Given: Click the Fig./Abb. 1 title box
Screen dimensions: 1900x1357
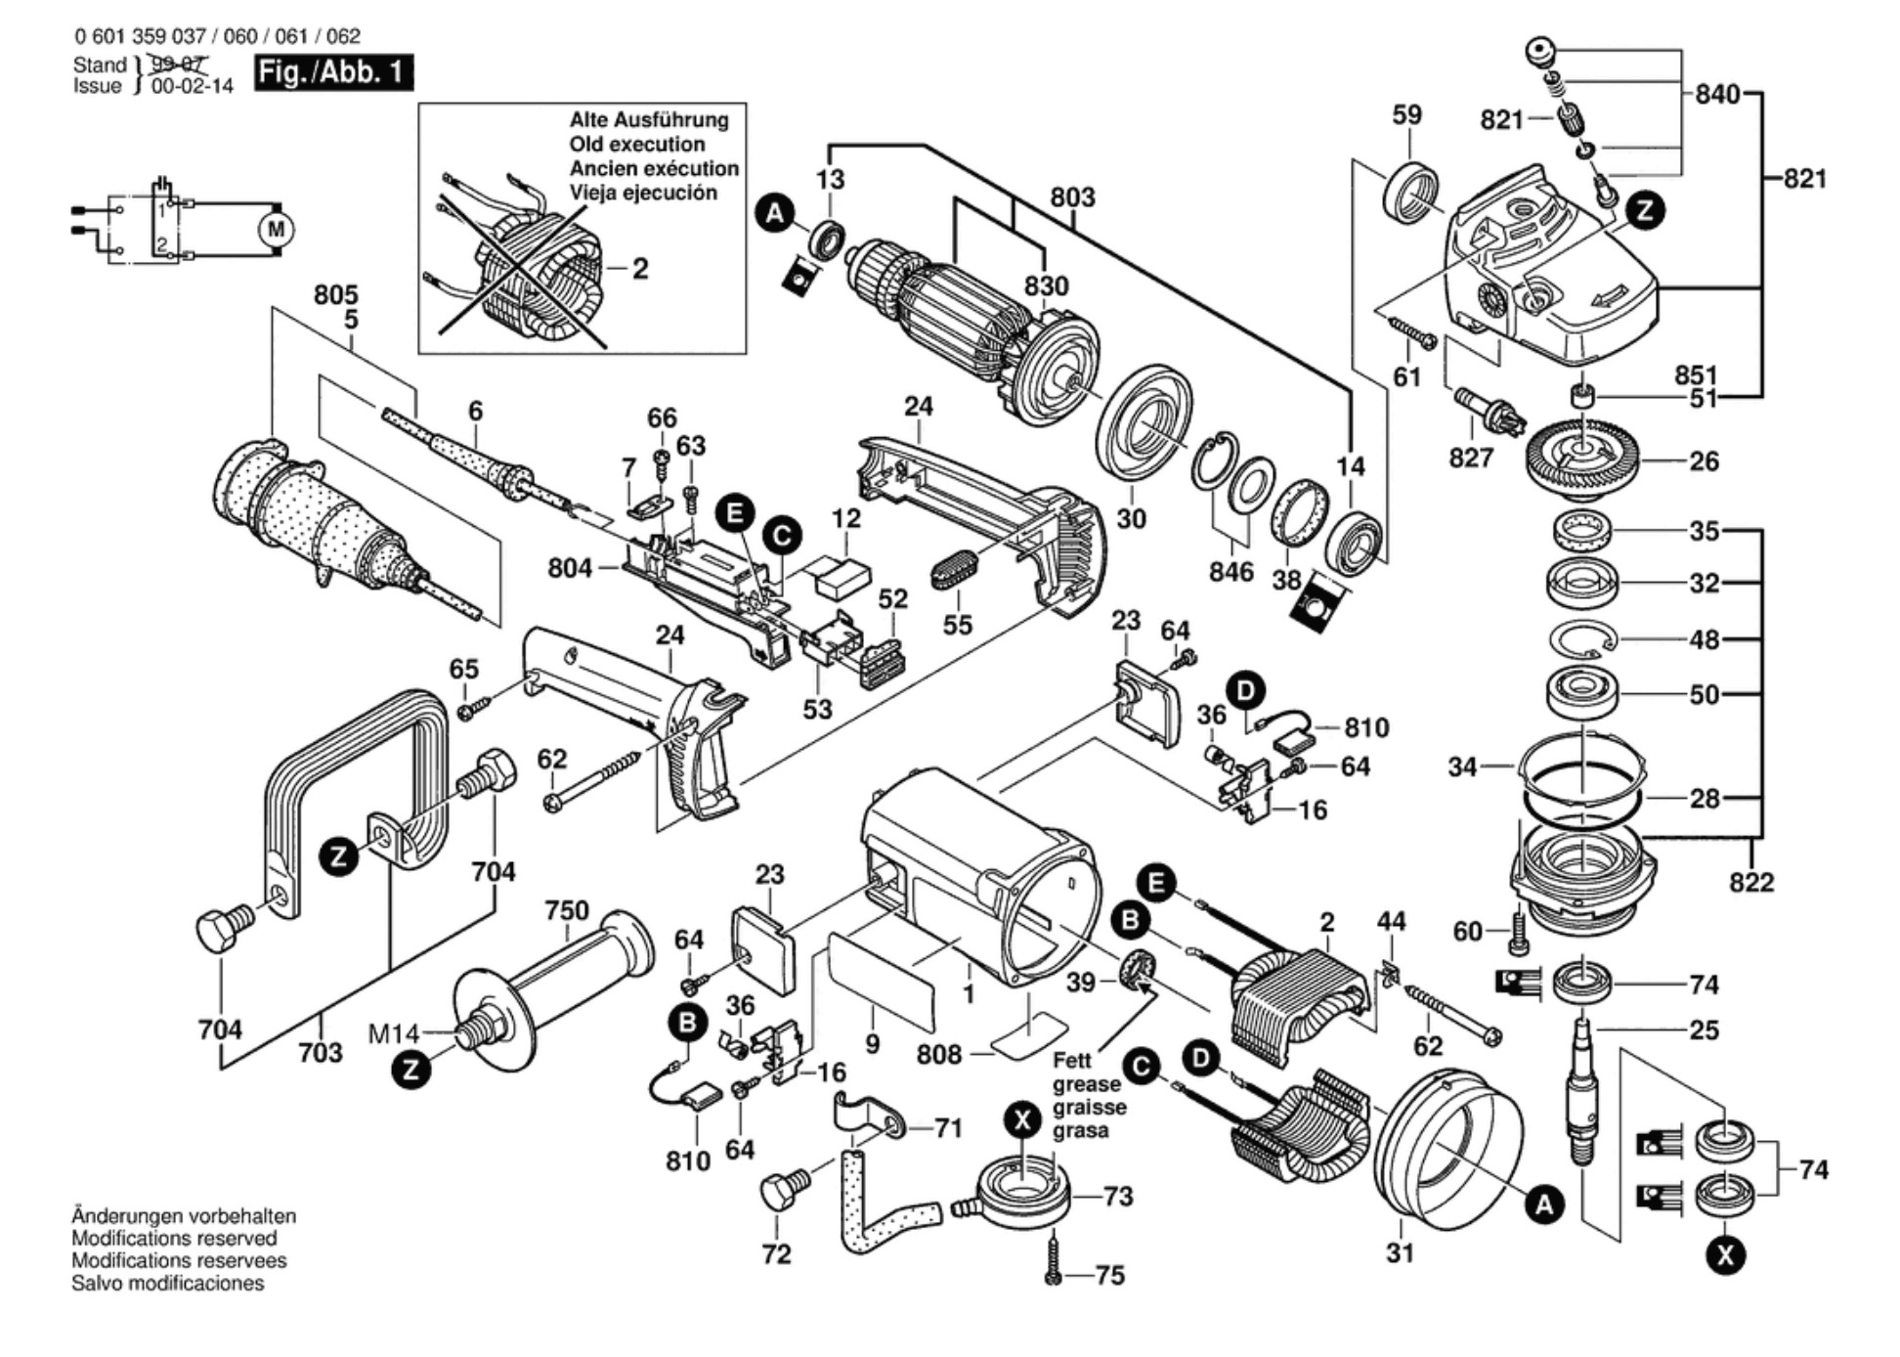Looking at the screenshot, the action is (333, 73).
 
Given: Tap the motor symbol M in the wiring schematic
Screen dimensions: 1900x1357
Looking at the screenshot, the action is (276, 230).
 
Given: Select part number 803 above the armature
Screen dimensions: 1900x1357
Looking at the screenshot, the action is (1072, 197).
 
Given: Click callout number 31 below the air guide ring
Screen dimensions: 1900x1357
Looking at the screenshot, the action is (1400, 1252).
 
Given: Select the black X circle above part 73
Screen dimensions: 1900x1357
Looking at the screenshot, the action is (1023, 1120).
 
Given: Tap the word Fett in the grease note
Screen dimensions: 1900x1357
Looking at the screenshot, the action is (1072, 1061).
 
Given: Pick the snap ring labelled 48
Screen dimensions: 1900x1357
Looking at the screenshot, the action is (1583, 639).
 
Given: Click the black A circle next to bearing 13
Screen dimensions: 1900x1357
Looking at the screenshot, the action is (775, 213).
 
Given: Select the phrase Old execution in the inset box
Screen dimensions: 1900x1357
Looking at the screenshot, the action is (637, 145).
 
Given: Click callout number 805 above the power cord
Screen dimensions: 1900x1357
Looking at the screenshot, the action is (336, 294).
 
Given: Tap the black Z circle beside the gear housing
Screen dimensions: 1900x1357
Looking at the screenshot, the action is (1646, 210).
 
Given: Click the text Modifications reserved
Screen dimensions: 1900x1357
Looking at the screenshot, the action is (174, 1239).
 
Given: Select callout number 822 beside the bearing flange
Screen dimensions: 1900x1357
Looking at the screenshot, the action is (1750, 883).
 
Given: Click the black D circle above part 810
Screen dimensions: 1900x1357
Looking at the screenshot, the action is (1245, 691).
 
